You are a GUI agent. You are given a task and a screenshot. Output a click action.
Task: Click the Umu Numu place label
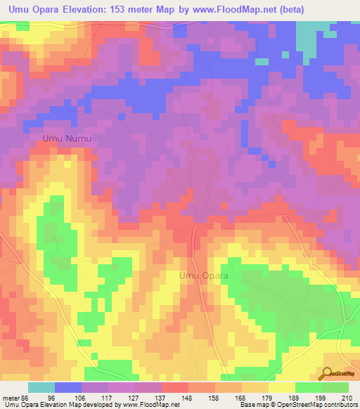click(67, 138)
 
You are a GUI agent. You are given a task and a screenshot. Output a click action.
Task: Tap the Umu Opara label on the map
click(204, 276)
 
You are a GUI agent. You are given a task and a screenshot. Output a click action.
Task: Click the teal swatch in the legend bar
click(41, 387)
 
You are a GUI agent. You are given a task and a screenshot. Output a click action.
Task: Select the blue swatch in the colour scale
click(67, 387)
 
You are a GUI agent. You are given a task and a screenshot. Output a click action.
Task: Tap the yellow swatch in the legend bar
click(281, 387)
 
